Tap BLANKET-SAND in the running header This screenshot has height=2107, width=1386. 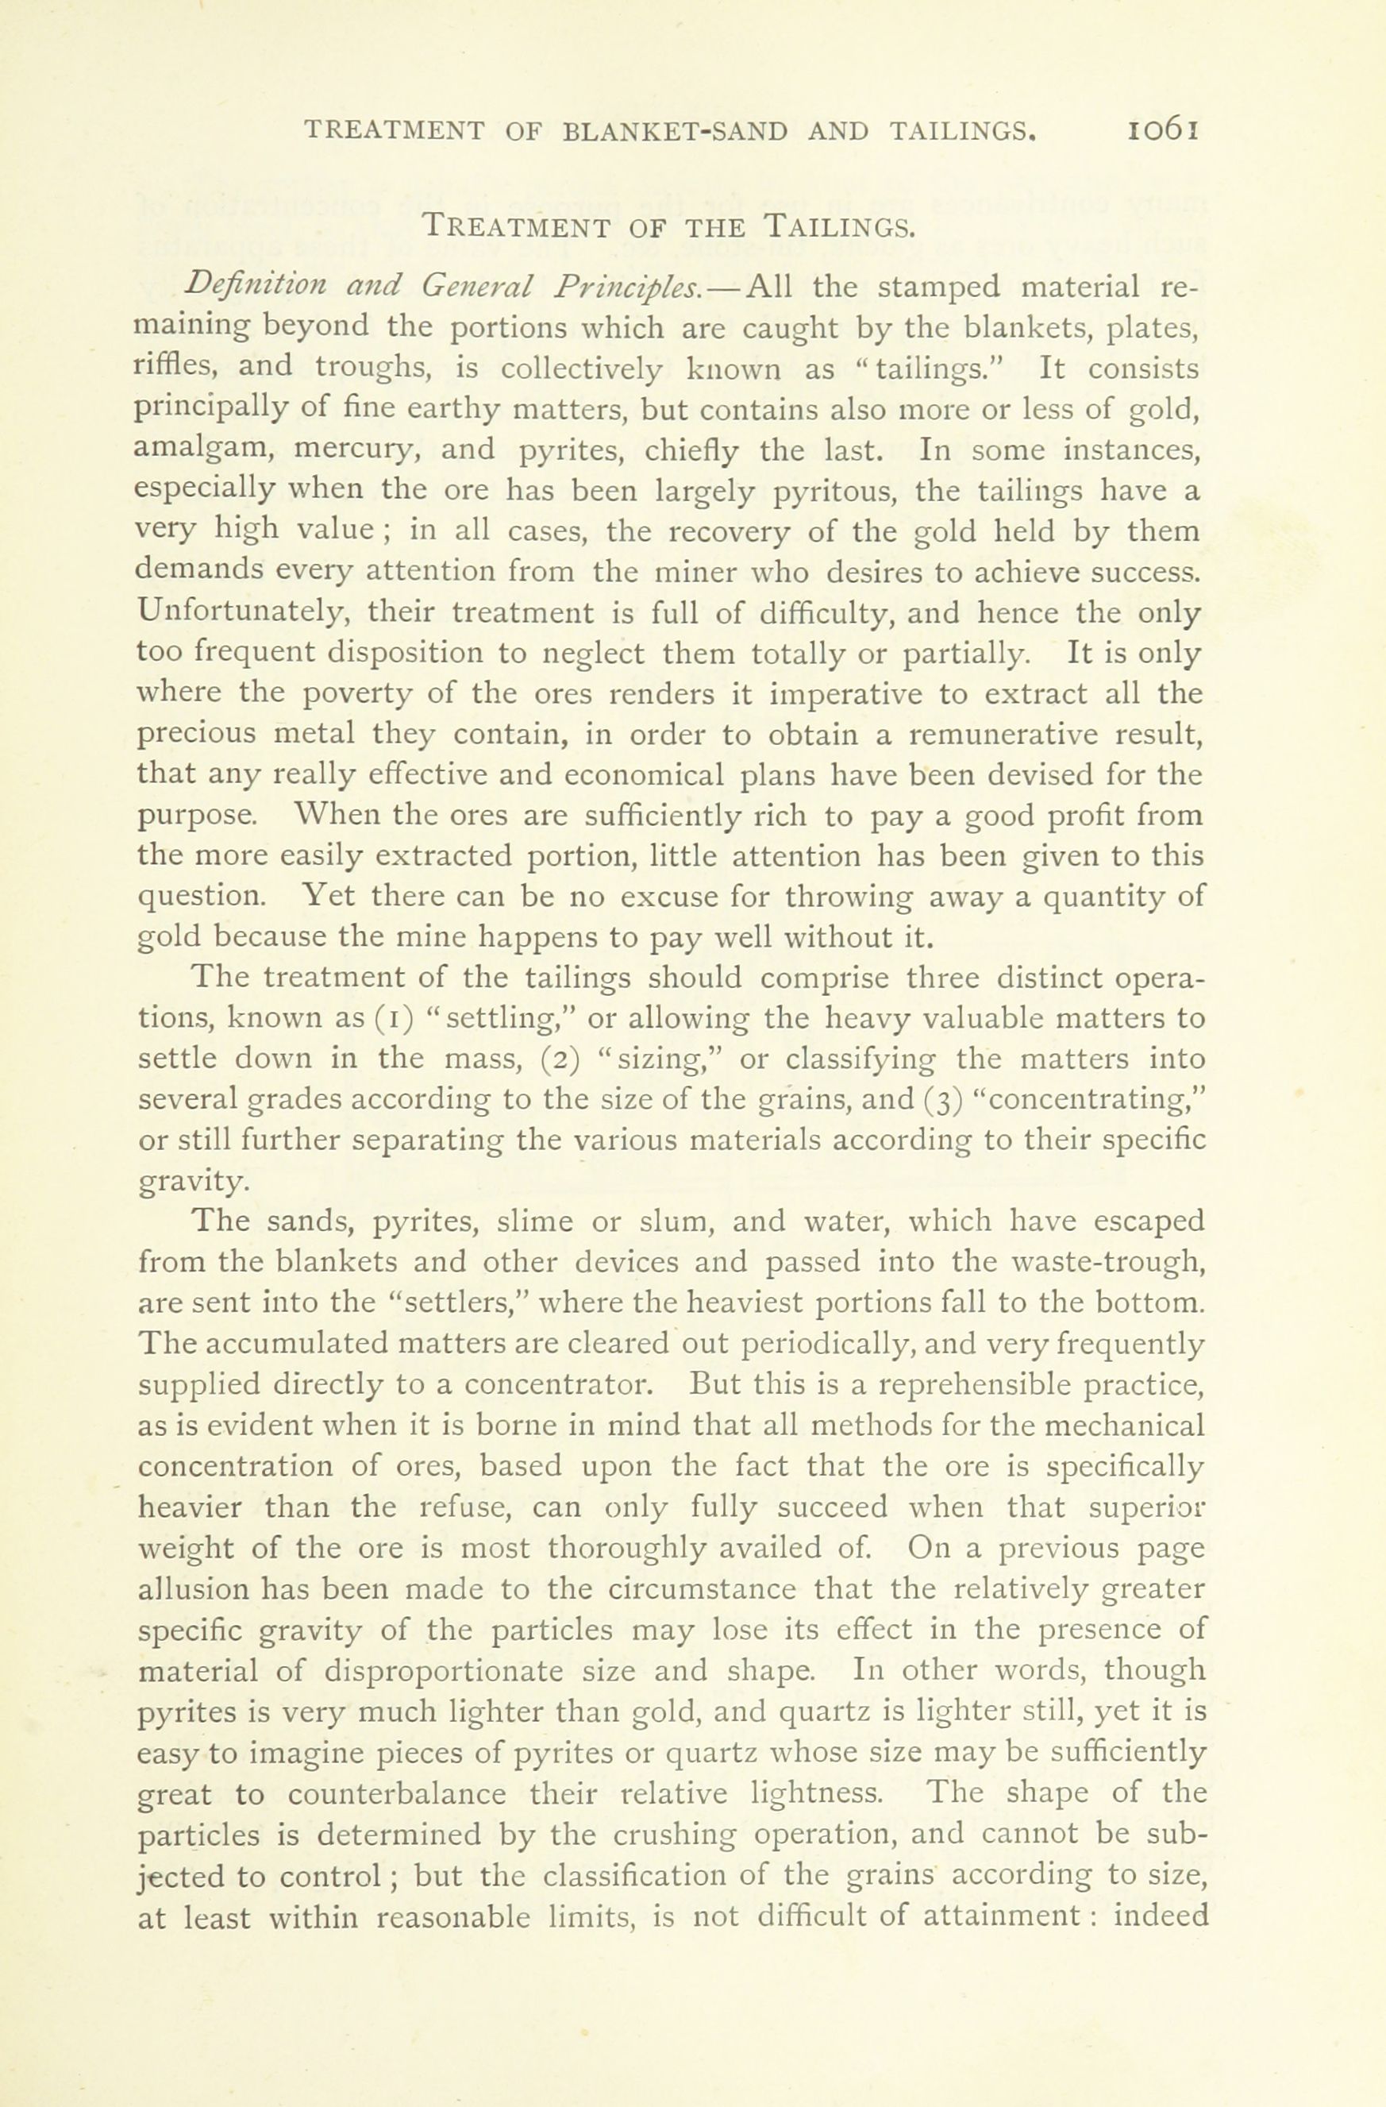pos(675,131)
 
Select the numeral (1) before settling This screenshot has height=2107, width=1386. pos(390,1019)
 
